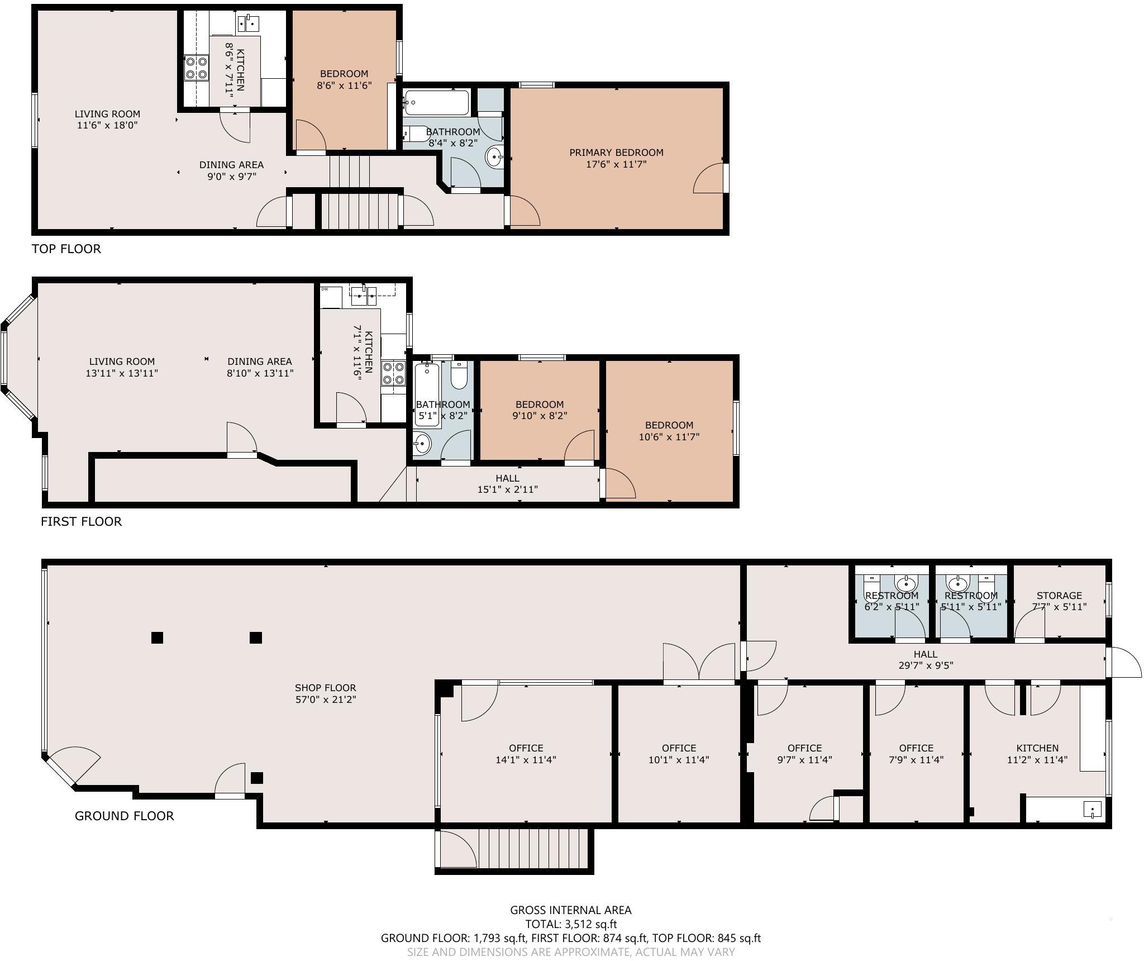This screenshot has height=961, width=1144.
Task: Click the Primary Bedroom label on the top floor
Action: (x=616, y=153)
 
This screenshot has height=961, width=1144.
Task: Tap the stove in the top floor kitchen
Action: (x=196, y=68)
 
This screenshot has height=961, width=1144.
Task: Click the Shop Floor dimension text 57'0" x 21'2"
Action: (x=326, y=699)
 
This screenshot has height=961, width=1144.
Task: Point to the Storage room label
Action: (x=1059, y=596)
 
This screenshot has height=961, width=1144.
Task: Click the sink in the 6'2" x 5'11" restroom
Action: (x=905, y=584)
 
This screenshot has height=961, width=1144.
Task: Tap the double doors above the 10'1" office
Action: (x=699, y=663)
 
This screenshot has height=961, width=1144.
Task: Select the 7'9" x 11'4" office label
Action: (x=916, y=754)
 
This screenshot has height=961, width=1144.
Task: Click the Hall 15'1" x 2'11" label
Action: (x=507, y=484)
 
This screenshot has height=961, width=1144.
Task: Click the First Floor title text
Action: (x=81, y=521)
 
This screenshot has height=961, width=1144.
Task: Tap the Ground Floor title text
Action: (x=124, y=816)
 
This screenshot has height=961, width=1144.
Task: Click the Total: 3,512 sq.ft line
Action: (x=570, y=924)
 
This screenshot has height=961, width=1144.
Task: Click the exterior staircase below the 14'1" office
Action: (x=533, y=848)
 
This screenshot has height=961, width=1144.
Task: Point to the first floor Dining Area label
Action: (x=260, y=361)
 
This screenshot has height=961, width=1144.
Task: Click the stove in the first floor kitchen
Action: (x=393, y=373)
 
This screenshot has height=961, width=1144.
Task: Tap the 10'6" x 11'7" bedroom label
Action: (x=669, y=431)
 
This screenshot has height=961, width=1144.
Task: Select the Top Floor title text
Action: (x=66, y=249)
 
